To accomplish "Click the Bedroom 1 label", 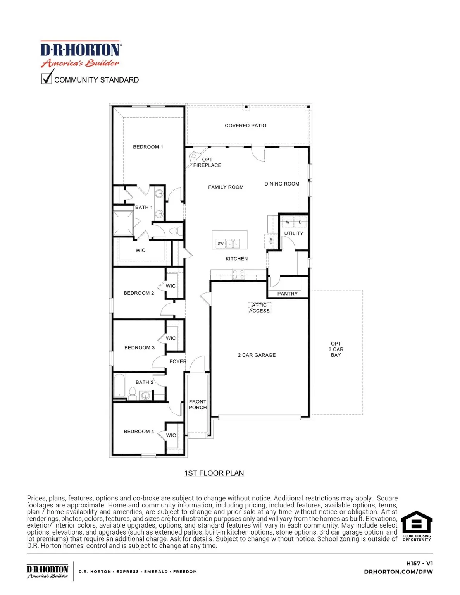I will [148, 147].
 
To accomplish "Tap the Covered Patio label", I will [245, 126].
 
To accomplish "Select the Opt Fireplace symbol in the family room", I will [193, 156].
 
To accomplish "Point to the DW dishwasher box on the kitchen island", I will [221, 244].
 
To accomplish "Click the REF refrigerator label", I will [271, 241].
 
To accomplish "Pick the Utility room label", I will [293, 233].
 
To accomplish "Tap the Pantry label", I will [287, 294].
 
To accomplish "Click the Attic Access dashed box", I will [259, 308].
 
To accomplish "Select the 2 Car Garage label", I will [257, 355].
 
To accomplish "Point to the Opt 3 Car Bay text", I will [336, 349].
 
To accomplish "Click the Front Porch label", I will [198, 404].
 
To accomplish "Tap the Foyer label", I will [178, 361].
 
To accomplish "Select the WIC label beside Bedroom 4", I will [171, 435].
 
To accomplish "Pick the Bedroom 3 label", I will [139, 347].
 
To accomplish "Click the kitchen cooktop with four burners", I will [238, 275].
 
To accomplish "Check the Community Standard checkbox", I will [47, 79].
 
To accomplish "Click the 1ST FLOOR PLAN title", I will [214, 473].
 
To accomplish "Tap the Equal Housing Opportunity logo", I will [416, 526].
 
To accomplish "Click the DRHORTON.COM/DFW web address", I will [398, 571].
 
